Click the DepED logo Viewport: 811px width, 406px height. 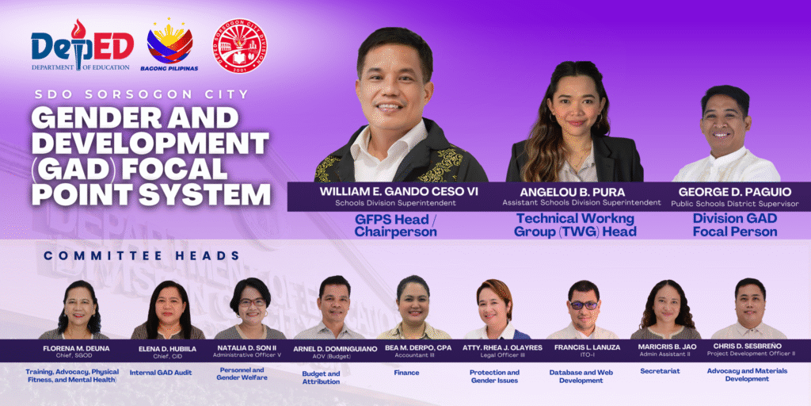82,45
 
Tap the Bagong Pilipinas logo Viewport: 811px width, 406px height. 169,45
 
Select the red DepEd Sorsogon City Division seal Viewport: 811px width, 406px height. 239,45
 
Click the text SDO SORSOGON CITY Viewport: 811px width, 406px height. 141,95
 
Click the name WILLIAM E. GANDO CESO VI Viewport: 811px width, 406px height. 399,191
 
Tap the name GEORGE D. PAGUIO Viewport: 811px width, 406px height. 734,192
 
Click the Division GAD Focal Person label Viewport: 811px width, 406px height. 735,225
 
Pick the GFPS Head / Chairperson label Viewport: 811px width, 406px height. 396,225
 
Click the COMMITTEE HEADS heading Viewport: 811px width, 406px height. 141,255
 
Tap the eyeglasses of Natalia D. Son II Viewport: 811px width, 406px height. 251,302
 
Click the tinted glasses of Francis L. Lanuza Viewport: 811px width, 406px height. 584,305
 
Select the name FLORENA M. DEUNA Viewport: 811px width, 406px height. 76,348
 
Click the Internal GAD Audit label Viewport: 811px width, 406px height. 161,373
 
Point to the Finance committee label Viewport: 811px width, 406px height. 406,373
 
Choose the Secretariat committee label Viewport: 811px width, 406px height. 660,371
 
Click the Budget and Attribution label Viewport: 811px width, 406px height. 321,377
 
